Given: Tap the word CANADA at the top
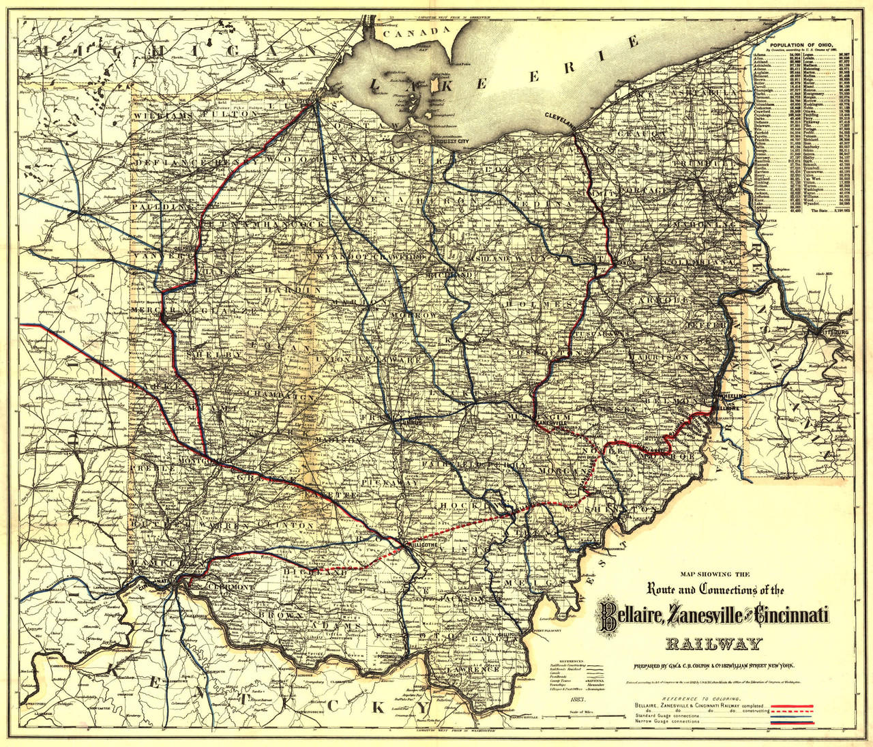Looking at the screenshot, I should [x=417, y=32].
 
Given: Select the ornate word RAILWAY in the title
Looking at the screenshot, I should [x=714, y=643].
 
